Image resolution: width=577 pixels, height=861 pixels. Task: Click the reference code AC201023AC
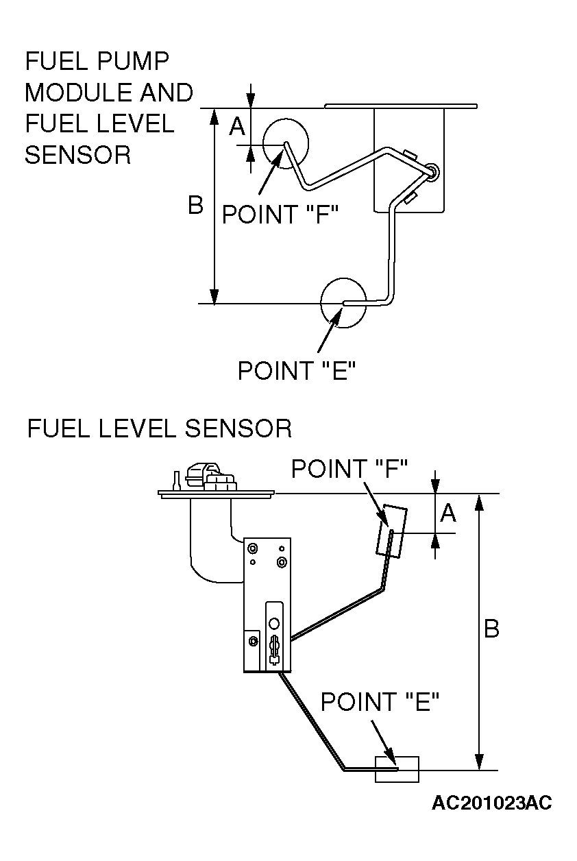click(492, 803)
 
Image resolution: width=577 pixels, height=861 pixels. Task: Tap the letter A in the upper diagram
click(237, 126)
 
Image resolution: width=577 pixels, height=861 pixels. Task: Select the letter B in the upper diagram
click(195, 204)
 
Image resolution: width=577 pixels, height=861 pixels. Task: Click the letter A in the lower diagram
click(448, 513)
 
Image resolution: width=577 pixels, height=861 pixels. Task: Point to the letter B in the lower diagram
click(492, 629)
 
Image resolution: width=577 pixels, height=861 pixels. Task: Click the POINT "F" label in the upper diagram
click(280, 214)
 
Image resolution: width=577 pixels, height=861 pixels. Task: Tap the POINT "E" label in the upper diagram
click(297, 370)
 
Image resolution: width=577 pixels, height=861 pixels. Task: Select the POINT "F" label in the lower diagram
click(349, 469)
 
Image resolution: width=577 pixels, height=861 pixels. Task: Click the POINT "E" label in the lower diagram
click(380, 701)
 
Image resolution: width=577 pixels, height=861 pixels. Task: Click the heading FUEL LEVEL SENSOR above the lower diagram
click(160, 428)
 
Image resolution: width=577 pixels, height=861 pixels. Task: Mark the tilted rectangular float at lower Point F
click(391, 531)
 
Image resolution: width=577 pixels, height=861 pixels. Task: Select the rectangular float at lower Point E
click(397, 769)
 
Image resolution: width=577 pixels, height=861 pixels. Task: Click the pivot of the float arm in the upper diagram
click(432, 171)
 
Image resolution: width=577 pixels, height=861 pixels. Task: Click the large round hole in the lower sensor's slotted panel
click(274, 623)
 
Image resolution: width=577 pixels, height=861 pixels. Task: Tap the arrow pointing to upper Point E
click(329, 331)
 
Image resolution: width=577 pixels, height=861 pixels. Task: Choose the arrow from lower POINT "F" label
click(376, 504)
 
